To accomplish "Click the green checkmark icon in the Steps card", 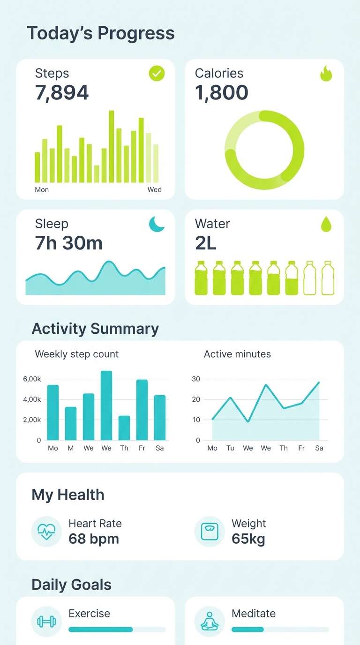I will [157, 74].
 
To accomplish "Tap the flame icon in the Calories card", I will [326, 74].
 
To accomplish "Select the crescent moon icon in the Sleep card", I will [157, 224].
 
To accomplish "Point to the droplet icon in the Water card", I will [326, 225].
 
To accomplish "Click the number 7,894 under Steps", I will [62, 93].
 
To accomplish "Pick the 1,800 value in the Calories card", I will [221, 93].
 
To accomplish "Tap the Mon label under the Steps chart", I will [42, 190].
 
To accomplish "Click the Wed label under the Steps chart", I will [154, 190].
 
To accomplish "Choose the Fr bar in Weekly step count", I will [142, 410].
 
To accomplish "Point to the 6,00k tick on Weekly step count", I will [32, 379].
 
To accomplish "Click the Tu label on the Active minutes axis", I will [230, 448].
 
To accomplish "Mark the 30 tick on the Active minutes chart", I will [196, 379].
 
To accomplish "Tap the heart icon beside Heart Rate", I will [46, 532].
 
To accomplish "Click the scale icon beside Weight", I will [210, 532].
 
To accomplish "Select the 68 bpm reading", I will [94, 539].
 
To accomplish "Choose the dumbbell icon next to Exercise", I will [46, 622].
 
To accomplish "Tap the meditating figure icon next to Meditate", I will [210, 622].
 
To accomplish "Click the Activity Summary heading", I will [95, 329].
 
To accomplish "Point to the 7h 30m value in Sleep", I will [68, 243].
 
